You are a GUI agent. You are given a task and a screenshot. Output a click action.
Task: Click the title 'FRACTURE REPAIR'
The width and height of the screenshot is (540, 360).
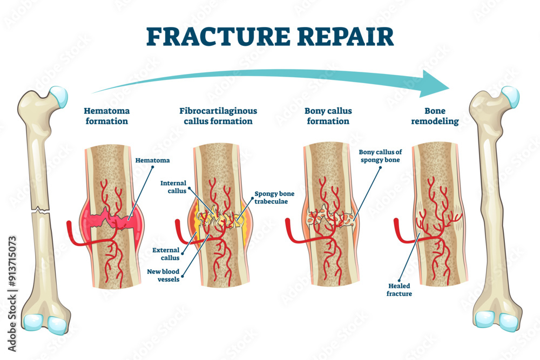click(x=270, y=36)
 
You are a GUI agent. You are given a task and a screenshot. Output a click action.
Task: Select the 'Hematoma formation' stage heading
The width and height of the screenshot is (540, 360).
click(x=106, y=116)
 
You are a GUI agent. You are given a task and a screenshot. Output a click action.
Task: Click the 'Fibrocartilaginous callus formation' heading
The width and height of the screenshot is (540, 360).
click(x=218, y=116)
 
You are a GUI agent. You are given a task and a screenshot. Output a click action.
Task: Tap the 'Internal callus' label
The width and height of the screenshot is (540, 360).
click(x=173, y=187)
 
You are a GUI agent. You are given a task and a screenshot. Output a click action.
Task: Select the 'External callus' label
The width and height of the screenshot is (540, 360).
click(x=166, y=254)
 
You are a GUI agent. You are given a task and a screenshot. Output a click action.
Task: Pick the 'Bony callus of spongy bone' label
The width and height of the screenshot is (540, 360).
click(x=380, y=156)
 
